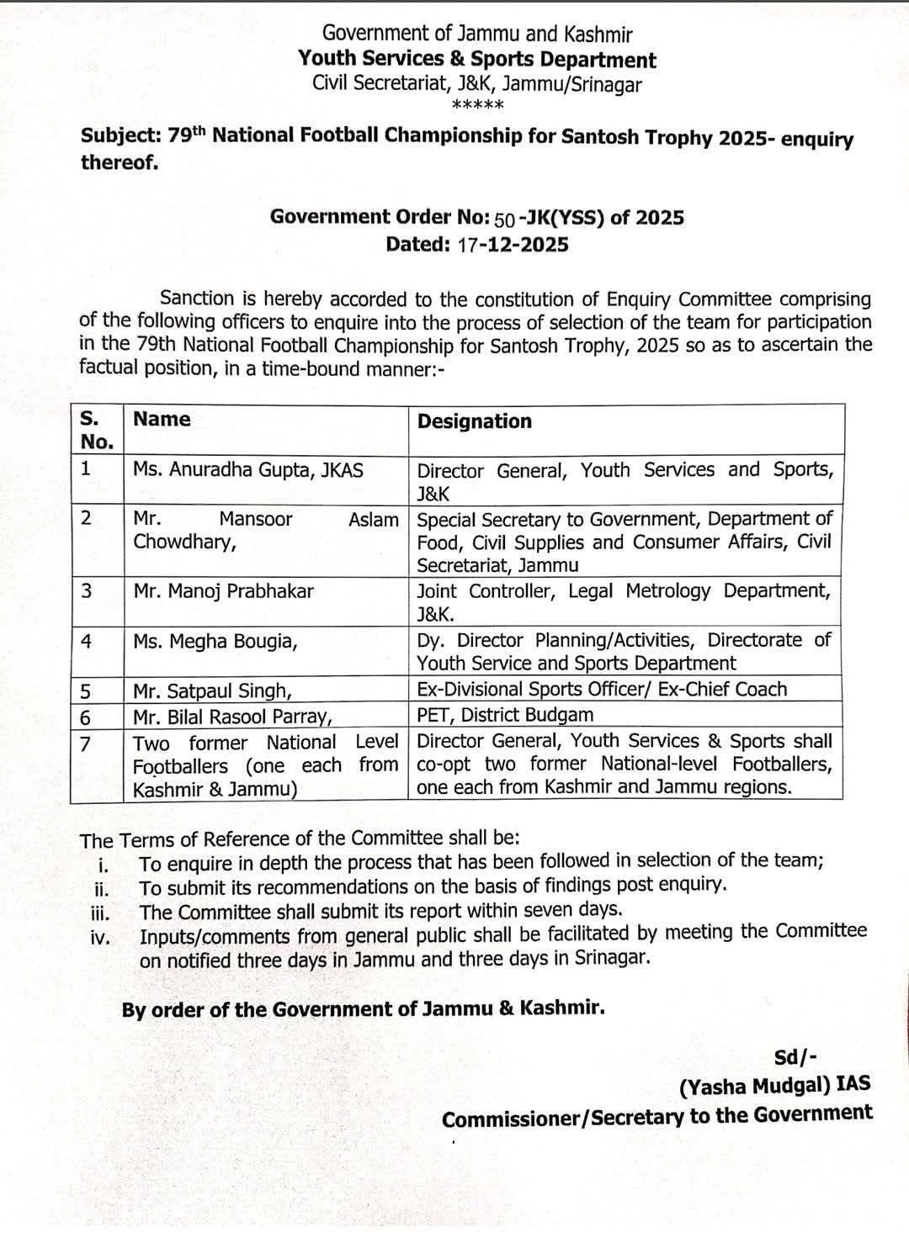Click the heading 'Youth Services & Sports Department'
click(x=477, y=60)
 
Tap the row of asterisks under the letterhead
click(x=477, y=106)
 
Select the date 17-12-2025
click(x=513, y=245)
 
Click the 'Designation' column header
click(x=475, y=421)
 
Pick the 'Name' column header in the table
click(x=162, y=419)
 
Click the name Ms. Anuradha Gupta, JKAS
click(x=248, y=470)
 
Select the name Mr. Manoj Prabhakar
click(x=223, y=591)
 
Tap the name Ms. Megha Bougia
click(x=215, y=642)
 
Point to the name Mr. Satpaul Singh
click(x=213, y=691)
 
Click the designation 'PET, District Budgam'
click(x=505, y=716)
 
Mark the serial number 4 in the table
click(x=86, y=642)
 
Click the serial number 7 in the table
click(x=86, y=743)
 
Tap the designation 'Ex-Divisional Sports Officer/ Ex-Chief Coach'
click(x=602, y=690)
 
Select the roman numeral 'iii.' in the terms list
click(x=100, y=913)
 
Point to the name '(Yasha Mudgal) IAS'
click(x=774, y=1086)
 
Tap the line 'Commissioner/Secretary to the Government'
click(x=657, y=1116)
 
